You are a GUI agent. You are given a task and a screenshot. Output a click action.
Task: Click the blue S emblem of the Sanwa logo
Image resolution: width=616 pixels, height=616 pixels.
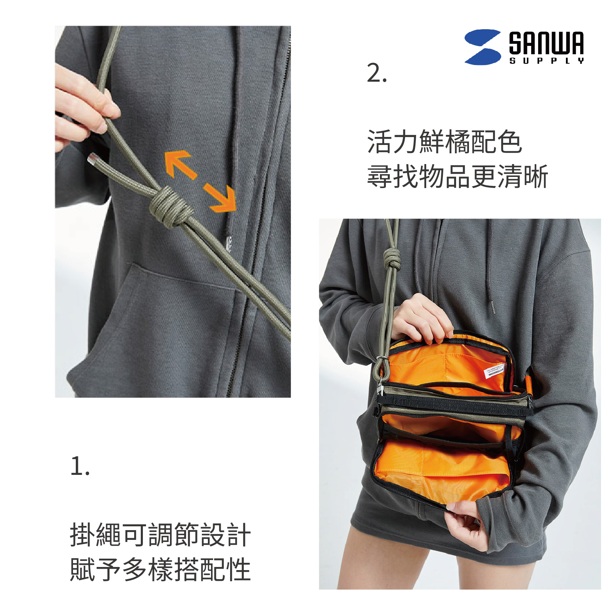[483, 47]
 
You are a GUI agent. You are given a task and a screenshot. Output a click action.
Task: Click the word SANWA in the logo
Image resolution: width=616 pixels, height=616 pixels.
[546, 43]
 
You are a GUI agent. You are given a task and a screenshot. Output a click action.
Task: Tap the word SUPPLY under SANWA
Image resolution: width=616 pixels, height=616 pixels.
[546, 61]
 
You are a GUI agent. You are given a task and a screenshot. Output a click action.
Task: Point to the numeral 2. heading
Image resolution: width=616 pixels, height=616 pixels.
[376, 73]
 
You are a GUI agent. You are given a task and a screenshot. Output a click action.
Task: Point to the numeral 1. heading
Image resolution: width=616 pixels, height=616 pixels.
[80, 466]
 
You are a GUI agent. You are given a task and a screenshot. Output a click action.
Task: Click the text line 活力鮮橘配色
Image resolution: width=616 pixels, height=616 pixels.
[444, 142]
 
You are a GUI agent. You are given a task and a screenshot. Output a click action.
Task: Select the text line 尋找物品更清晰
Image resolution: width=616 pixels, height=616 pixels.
[457, 177]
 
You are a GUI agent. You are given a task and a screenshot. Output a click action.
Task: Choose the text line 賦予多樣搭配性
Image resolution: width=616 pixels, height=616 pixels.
[160, 569]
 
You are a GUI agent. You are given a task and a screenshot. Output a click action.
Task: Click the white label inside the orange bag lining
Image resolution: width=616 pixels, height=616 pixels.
[494, 371]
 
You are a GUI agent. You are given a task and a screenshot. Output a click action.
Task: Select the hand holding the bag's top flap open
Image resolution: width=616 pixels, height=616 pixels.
[422, 318]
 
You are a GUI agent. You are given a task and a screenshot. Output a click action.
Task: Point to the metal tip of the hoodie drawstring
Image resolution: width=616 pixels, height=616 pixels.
[493, 307]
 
